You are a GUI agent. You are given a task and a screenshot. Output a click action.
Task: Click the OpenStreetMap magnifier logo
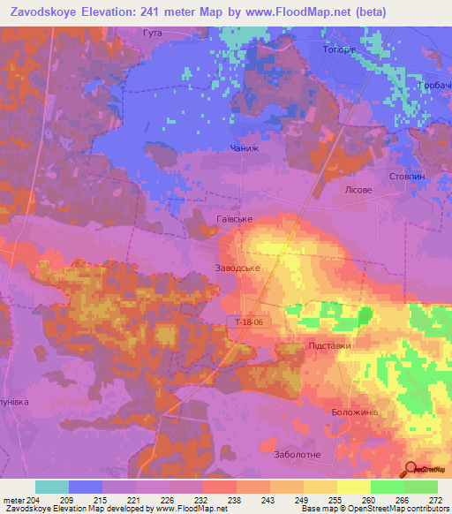coord(412,469)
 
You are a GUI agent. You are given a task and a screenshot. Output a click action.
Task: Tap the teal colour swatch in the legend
coord(52,486)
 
